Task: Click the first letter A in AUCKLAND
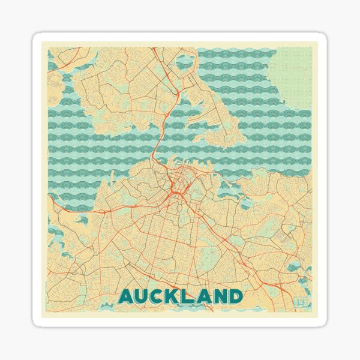click(x=127, y=296)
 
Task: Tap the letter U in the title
click(x=144, y=296)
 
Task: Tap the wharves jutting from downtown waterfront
click(x=180, y=169)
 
